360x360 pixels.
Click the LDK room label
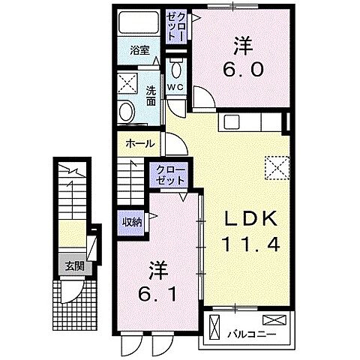[242, 220]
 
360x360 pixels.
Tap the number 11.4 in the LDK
[242, 245]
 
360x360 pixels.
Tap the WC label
[175, 88]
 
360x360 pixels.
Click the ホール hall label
[141, 143]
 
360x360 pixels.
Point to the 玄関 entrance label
[73, 265]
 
